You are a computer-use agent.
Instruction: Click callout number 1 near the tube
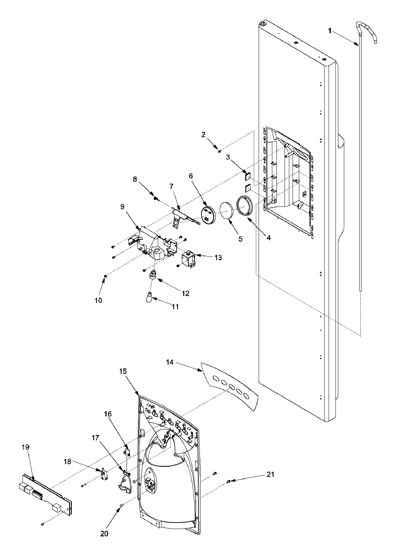[330, 31]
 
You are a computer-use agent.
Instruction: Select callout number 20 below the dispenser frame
[104, 533]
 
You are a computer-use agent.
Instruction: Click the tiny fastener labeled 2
[219, 151]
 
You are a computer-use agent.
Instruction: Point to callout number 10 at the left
[98, 300]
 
